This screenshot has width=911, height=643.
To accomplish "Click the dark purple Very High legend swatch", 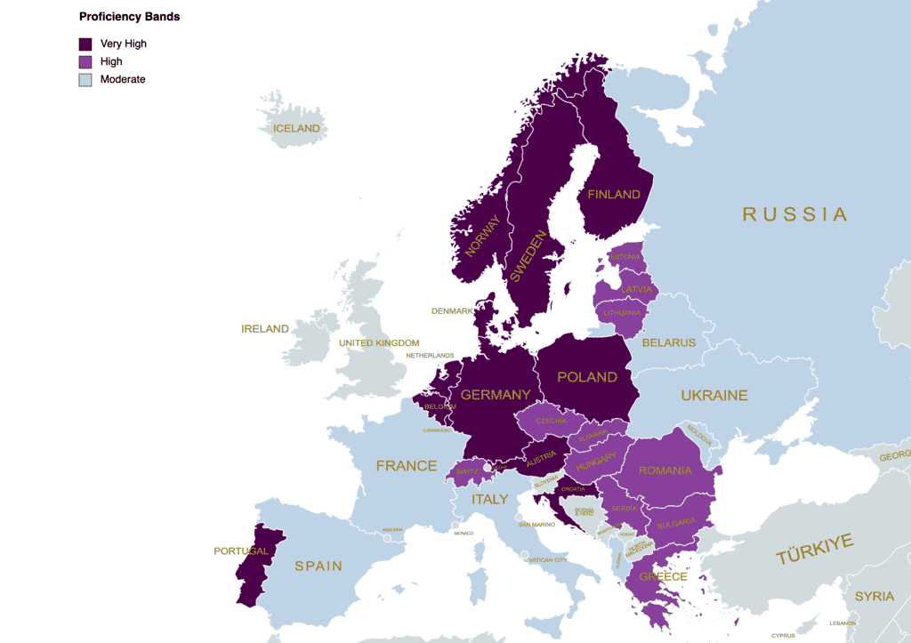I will [x=85, y=44].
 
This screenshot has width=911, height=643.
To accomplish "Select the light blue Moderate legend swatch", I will [x=85, y=79].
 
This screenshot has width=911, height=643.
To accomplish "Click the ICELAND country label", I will [x=296, y=129].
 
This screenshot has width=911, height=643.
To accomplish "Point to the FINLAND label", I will [x=614, y=194].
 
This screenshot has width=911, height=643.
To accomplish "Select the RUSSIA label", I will [x=794, y=214].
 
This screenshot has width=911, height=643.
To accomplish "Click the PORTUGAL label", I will [x=241, y=551].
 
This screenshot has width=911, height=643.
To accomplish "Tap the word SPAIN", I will [x=318, y=567].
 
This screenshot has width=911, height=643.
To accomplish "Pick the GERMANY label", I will [x=496, y=395].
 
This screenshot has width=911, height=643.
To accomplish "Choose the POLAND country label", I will [x=587, y=377].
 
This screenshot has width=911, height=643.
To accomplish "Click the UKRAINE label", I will [x=714, y=396].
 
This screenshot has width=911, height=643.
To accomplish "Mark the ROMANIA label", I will [x=665, y=470].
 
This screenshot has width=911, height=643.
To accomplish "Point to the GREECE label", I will [x=663, y=576].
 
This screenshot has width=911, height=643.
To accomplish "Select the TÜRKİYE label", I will [x=815, y=550].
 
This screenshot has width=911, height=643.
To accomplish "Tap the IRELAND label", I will [x=265, y=329].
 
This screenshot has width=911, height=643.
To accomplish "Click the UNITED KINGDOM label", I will [x=379, y=343].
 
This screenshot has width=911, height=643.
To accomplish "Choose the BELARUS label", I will [x=669, y=342].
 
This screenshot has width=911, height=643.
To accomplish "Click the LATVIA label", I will [x=637, y=290].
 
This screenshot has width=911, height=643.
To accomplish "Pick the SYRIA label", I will [x=874, y=596].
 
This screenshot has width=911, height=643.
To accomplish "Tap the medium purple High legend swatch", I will [x=85, y=61].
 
